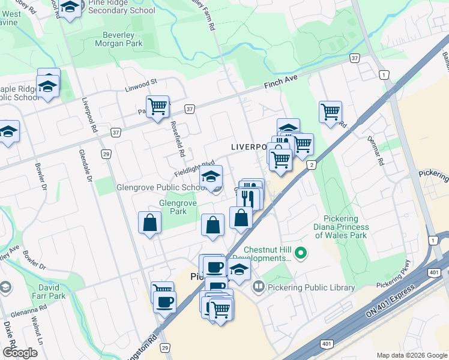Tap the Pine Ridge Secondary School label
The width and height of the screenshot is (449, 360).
pos(121,7)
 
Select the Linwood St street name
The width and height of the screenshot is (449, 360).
pos(140,82)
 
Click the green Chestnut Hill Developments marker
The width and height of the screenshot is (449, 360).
pos(303,254)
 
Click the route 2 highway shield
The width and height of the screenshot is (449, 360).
pos(311,165)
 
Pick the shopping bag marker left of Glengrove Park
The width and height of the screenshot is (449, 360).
pos(149,223)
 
